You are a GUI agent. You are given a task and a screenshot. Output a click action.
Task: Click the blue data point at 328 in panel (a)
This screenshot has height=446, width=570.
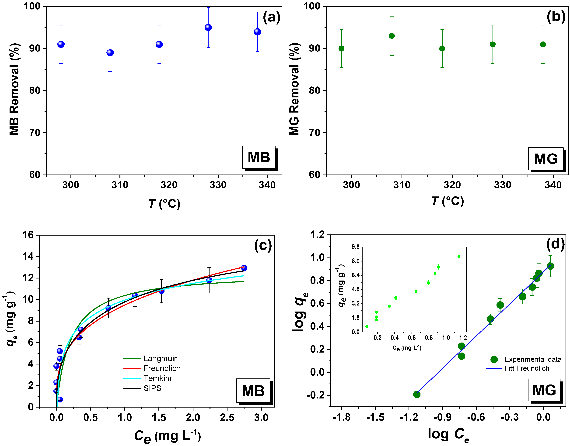[208, 27]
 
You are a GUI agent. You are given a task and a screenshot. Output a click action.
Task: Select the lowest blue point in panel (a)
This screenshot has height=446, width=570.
[110, 53]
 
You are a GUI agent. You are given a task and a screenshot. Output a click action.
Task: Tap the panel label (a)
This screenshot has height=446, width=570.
[271, 17]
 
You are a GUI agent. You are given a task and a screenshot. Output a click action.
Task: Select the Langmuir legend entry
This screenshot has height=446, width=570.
[160, 359]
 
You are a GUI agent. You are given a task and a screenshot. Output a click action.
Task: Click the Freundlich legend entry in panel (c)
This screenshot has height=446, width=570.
[162, 368]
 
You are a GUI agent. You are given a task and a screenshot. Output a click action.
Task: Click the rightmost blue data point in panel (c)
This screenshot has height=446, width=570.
[244, 268]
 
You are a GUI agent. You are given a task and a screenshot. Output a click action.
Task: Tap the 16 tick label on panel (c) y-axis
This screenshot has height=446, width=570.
[28, 235]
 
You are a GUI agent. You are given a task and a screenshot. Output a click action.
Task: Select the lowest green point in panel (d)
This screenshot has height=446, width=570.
[417, 394]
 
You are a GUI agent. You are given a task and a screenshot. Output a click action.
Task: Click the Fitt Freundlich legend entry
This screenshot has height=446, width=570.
[526, 368]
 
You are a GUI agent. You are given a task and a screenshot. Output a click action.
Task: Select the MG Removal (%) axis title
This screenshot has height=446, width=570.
[294, 89]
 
